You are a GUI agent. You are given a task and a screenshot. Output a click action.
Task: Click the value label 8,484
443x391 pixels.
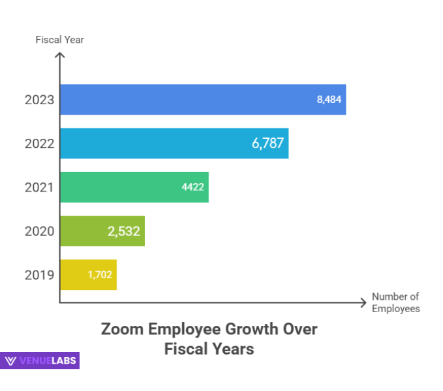[x=329, y=100]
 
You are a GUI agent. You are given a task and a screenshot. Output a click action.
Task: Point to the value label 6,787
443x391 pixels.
[x=267, y=143]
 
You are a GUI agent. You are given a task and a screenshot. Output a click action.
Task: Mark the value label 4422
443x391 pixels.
[x=193, y=187]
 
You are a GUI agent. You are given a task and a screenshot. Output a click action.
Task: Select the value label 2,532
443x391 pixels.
[x=124, y=231]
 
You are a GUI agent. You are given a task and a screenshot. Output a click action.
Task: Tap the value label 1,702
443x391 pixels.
[x=100, y=274]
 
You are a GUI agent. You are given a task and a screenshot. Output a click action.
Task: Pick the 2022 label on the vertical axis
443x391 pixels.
[x=39, y=143]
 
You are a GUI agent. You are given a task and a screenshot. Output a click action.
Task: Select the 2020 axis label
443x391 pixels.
[x=39, y=231]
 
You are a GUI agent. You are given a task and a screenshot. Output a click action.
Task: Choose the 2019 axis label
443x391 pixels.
[x=39, y=274]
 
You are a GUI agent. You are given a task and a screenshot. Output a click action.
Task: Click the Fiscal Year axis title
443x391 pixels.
[x=59, y=40]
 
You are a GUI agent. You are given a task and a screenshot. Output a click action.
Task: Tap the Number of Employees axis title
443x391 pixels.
[x=395, y=302]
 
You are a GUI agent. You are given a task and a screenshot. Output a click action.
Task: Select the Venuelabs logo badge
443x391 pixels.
[x=40, y=360]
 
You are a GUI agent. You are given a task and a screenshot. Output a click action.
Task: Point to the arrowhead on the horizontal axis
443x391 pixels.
[x=363, y=302]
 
